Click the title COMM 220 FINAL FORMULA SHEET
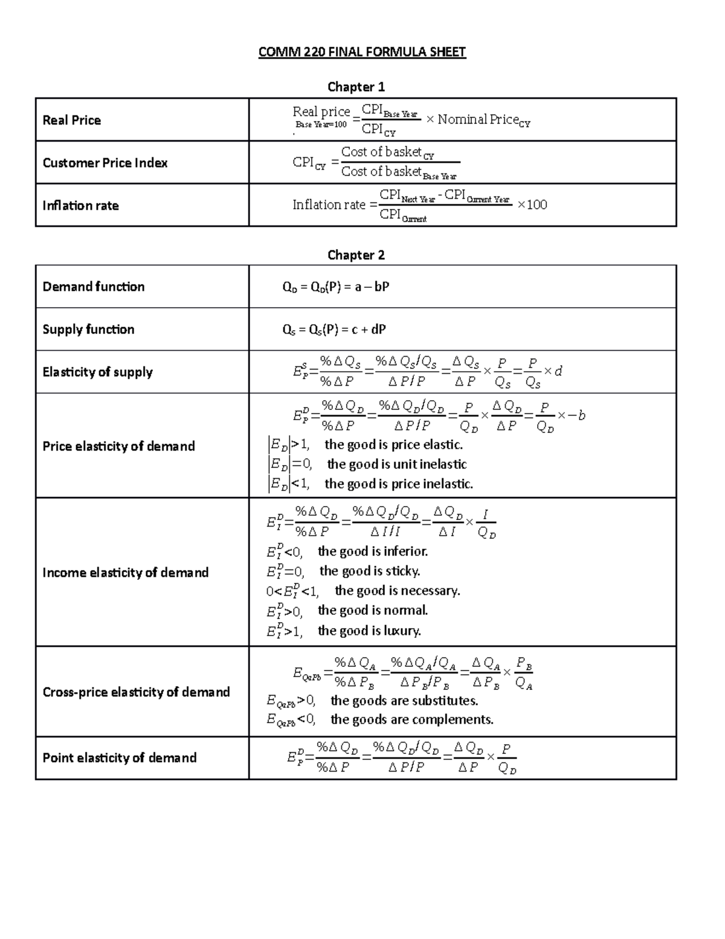[x=362, y=52]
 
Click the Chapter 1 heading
[x=356, y=86]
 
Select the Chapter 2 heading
[x=356, y=255]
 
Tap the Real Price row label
[x=71, y=120]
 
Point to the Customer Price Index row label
[x=105, y=163]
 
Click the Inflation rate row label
[x=80, y=206]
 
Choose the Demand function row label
[x=94, y=287]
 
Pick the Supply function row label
[x=88, y=330]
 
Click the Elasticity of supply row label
[x=97, y=372]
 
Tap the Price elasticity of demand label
[x=118, y=446]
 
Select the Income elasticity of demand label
[x=125, y=573]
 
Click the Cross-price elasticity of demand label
[x=136, y=692]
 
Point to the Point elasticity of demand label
[x=119, y=758]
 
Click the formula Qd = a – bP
[x=335, y=287]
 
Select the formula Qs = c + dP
[x=333, y=330]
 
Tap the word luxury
[x=402, y=631]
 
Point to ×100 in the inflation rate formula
[x=532, y=205]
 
